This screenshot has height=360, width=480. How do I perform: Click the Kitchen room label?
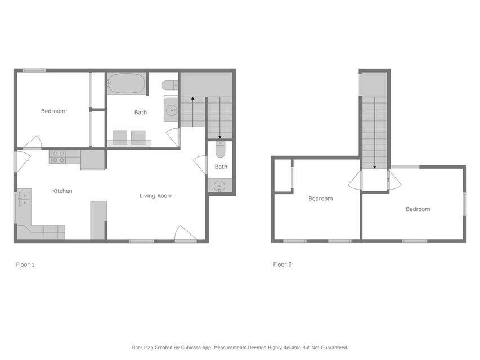click(62, 191)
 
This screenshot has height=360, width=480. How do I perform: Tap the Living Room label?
click(156, 196)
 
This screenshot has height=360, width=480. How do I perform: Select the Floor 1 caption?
click(25, 264)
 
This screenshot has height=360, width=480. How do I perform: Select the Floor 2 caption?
click(282, 264)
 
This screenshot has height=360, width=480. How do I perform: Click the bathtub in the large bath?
click(127, 83)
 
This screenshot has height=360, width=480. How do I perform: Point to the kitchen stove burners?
click(58, 157)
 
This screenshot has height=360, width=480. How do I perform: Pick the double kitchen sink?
click(25, 199)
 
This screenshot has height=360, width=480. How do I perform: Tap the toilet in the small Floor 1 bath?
click(220, 149)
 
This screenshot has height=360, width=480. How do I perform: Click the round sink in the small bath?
click(219, 186)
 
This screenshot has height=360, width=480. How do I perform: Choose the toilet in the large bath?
click(169, 85)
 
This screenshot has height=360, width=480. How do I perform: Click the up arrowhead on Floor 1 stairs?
click(192, 98)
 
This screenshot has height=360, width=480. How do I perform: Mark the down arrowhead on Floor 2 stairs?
click(374, 167)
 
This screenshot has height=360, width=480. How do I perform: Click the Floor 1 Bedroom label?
click(53, 111)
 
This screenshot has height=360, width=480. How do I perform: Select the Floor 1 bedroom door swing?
click(32, 142)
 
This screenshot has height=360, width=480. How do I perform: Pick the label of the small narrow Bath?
click(221, 167)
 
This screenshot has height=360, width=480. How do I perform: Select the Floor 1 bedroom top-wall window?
click(34, 70)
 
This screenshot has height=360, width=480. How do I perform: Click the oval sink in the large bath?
click(171, 110)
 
